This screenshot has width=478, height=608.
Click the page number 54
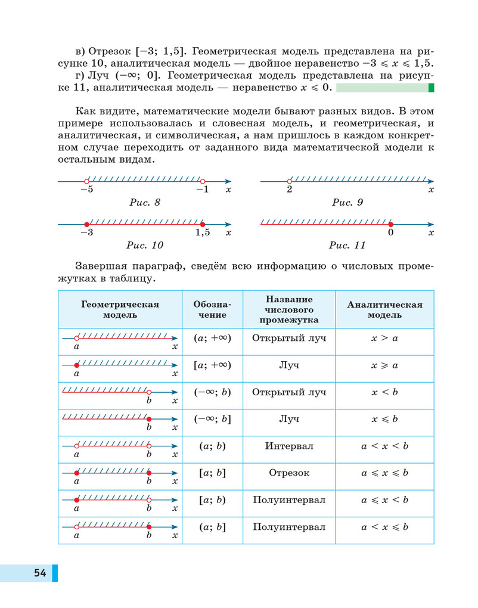click(x=40, y=573)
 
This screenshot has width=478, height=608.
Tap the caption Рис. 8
click(x=145, y=203)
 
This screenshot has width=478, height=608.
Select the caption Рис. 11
click(x=347, y=245)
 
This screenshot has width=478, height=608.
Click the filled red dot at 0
click(x=391, y=224)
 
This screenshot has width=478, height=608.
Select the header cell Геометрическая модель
click(x=120, y=309)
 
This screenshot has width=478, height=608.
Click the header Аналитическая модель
click(x=384, y=309)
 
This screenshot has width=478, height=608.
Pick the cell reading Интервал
click(x=289, y=446)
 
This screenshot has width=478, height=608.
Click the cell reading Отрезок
click(x=289, y=473)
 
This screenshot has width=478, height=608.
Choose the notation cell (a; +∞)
click(x=212, y=337)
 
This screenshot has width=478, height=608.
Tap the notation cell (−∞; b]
click(x=212, y=419)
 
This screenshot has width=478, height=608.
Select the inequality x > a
click(x=384, y=337)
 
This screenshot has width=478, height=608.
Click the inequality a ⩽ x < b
click(x=384, y=500)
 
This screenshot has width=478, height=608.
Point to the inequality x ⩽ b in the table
click(x=384, y=419)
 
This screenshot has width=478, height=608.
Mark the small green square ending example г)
click(x=431, y=88)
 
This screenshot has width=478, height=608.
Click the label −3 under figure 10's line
click(x=86, y=232)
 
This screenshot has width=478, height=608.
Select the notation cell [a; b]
click(x=212, y=473)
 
